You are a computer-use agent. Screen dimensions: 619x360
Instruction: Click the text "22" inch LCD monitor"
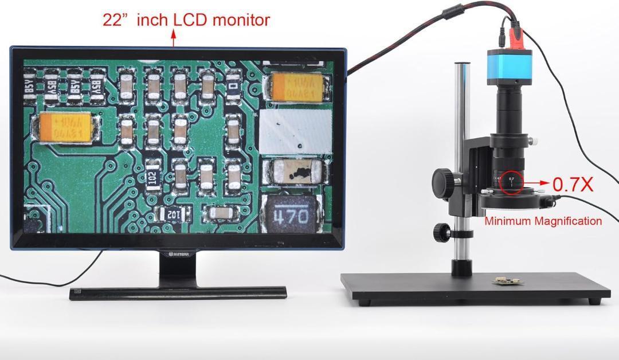point(186,19)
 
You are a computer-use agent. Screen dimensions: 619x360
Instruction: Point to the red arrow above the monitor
point(174,38)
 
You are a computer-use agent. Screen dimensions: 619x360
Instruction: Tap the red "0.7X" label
point(573,184)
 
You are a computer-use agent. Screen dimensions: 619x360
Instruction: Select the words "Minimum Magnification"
point(543,221)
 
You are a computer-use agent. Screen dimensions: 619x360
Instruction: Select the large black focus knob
point(443,182)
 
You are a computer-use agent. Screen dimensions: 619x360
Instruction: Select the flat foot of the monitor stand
point(178,293)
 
